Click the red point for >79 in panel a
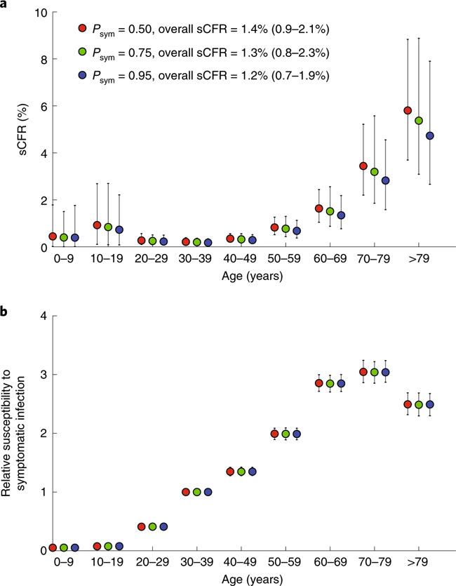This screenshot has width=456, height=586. [408, 110]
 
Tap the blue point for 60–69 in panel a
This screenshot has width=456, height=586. [342, 215]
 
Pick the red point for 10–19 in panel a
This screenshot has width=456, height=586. [98, 225]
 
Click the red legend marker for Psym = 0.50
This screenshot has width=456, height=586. [83, 29]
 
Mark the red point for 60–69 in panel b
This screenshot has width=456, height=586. [319, 383]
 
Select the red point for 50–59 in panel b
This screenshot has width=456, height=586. [274, 434]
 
